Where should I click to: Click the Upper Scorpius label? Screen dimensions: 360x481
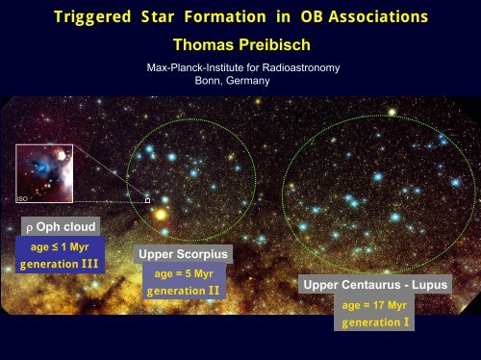(x=184, y=254)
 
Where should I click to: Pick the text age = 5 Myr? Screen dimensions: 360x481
(x=184, y=273)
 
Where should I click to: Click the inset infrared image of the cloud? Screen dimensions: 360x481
(x=44, y=173)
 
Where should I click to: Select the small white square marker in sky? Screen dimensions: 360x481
(x=147, y=199)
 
